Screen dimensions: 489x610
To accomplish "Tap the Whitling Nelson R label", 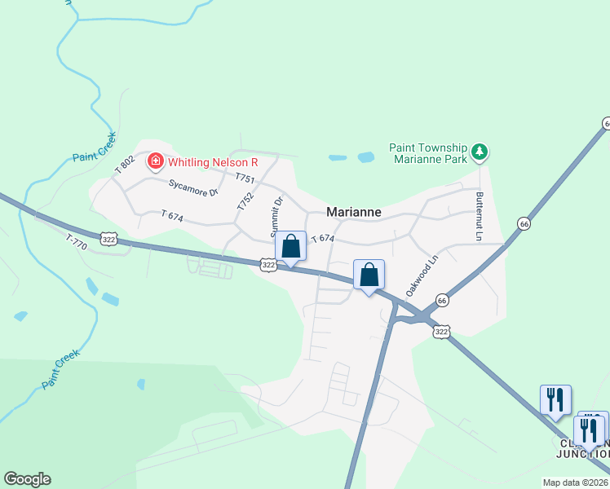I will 213,162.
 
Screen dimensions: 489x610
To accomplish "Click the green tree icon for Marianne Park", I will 480,152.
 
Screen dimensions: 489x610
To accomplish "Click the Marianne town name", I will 354,212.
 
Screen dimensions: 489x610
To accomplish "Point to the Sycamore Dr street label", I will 194,188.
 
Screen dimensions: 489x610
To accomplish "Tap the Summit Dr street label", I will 278,213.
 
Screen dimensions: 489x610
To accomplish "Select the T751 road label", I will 245,178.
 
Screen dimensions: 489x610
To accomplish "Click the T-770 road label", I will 76,241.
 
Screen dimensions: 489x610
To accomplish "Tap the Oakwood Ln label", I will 422,275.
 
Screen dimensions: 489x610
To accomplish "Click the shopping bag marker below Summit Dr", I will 291,246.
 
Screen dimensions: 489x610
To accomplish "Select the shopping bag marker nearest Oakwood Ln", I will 369,275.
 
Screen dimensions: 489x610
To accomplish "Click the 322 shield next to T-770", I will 109,238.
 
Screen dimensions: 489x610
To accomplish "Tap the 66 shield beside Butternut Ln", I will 524,223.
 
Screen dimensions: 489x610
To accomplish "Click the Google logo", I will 27,479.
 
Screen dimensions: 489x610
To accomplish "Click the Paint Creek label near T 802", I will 94,148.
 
